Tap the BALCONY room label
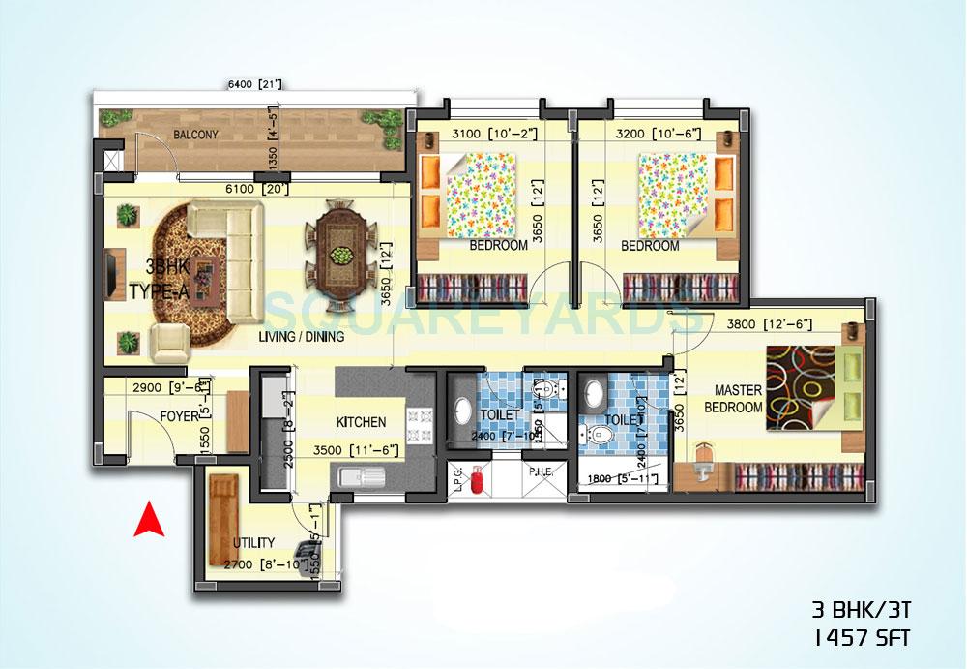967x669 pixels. (196, 135)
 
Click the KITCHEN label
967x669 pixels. (361, 422)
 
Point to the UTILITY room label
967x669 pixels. (253, 542)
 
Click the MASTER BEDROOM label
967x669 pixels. (738, 399)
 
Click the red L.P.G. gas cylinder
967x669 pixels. (476, 483)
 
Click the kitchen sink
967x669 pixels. (361, 476)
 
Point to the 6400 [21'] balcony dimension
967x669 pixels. (254, 85)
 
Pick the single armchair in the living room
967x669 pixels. (171, 342)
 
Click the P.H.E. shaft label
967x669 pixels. (540, 472)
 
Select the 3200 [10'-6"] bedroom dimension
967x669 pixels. (658, 133)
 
